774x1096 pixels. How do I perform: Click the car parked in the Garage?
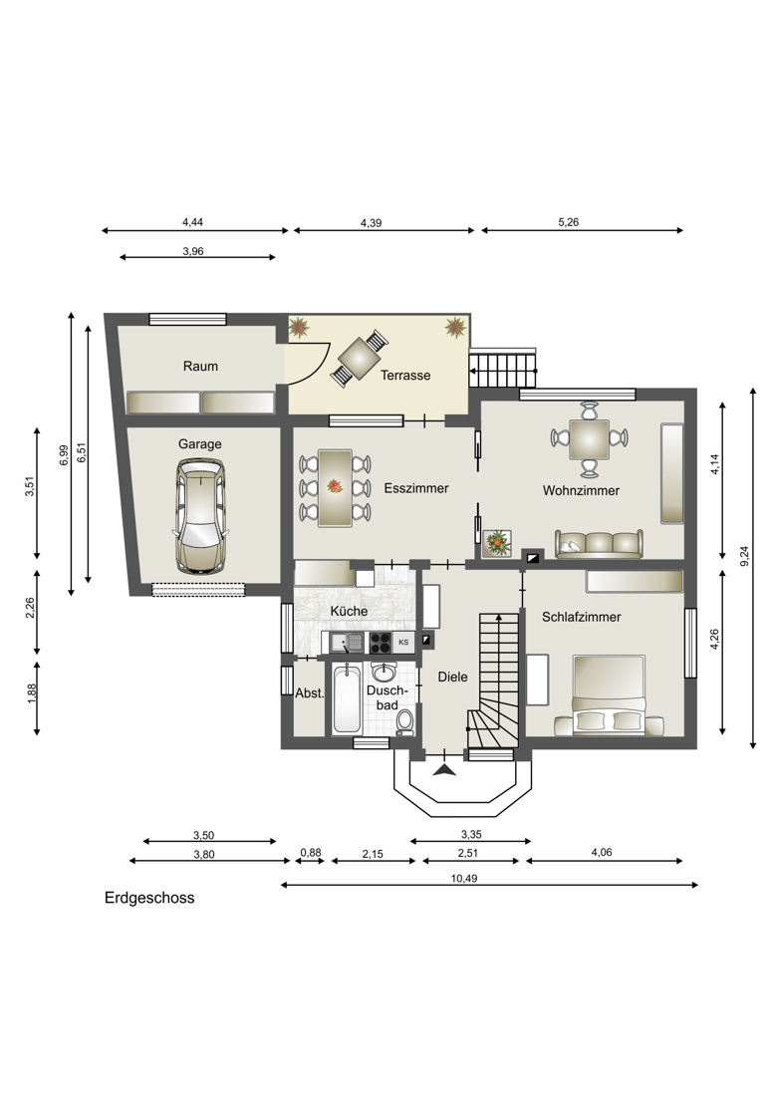click(200, 516)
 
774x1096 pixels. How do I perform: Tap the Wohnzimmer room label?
click(581, 490)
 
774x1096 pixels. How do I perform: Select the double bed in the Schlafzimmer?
click(610, 695)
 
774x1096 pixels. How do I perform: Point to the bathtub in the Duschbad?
click(348, 699)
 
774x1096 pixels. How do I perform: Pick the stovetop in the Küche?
click(381, 642)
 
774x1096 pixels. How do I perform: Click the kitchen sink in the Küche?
click(347, 642)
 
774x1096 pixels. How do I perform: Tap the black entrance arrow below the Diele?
click(444, 769)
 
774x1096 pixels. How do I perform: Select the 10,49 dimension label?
click(464, 878)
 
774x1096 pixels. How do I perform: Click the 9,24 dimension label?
click(744, 555)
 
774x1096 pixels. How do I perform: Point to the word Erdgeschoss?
click(149, 898)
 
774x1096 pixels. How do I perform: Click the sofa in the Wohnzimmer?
click(599, 544)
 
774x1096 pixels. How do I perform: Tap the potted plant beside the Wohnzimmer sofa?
click(497, 542)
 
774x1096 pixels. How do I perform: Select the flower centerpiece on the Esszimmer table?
click(336, 486)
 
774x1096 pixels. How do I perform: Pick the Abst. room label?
click(310, 693)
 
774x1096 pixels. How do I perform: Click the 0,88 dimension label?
click(311, 853)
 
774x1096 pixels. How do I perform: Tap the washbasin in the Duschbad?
click(383, 673)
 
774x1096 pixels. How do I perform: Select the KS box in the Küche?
click(403, 642)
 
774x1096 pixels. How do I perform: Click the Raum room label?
click(200, 367)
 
